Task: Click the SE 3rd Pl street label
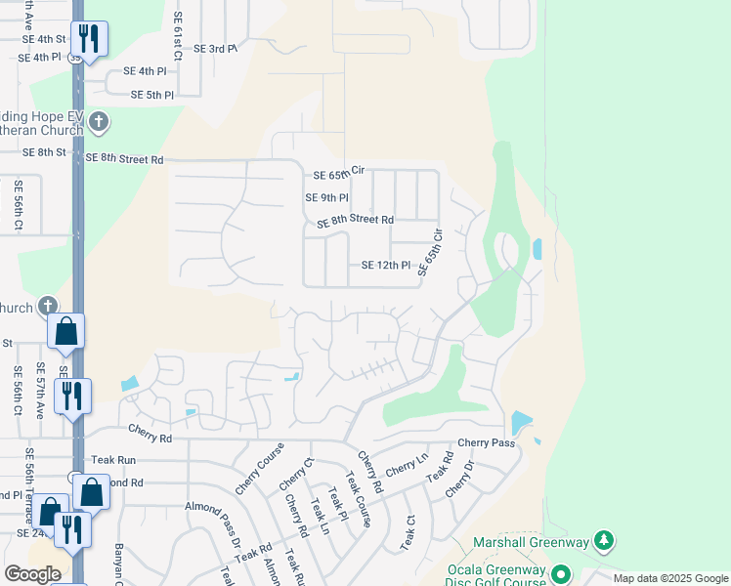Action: pos(215,48)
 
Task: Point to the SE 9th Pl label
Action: pos(327,197)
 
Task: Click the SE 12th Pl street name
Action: pos(387,265)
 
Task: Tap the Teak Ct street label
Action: pos(408,532)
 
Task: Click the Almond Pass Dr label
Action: pos(214,528)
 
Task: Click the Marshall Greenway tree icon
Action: pos(604,541)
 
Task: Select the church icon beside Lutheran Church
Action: pos(98,122)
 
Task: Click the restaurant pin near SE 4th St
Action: pos(88,39)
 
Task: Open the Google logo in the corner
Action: pos(31,574)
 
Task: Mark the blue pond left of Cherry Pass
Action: pos(521,423)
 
